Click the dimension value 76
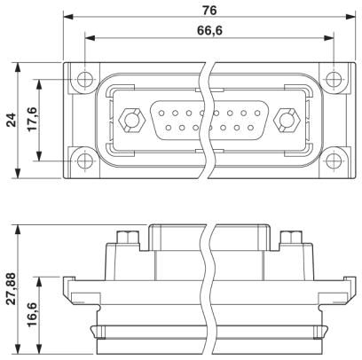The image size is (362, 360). tap(209, 11)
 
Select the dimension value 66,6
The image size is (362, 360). tap(209, 30)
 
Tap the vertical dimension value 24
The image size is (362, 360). tap(12, 120)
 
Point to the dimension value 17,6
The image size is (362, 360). tap(33, 119)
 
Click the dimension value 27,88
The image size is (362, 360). tap(12, 289)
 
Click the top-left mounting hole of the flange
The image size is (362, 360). tap(85, 79)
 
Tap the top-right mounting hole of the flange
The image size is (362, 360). tap(334, 79)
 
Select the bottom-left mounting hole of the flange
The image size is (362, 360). tap(85, 160)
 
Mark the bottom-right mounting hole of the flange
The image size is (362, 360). tap(334, 160)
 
